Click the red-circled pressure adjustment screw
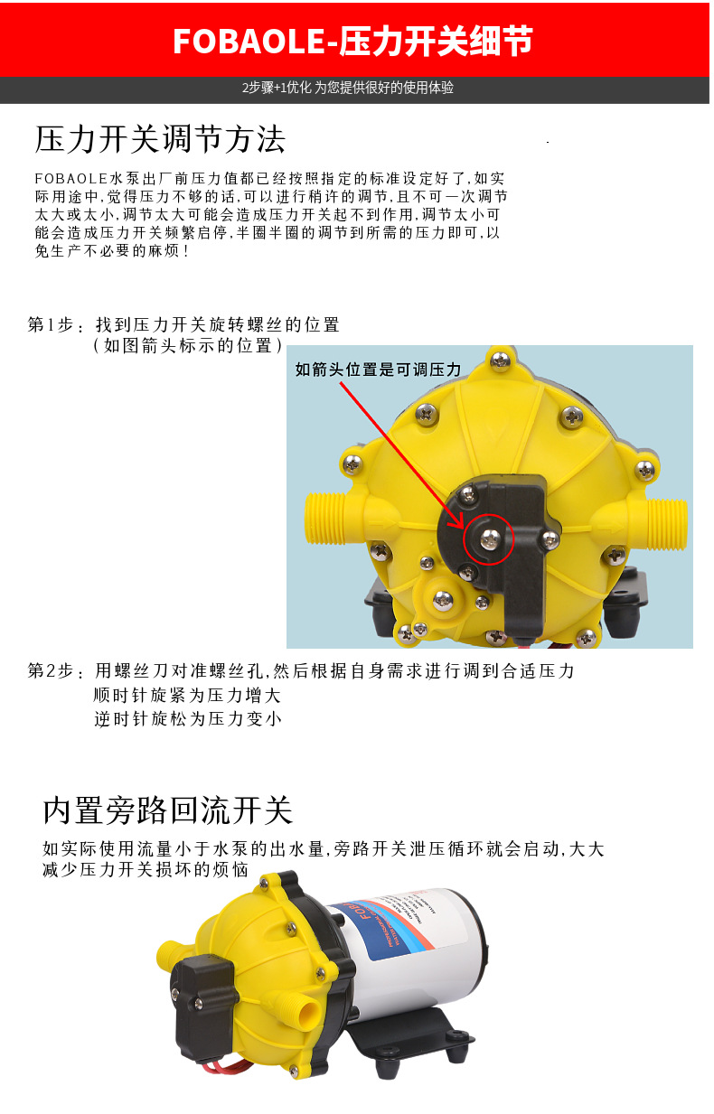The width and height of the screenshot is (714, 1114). (489, 540)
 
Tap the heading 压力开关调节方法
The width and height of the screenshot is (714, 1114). (160, 139)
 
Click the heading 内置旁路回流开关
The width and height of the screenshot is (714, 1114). (168, 810)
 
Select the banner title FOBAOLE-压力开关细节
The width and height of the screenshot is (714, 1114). (352, 41)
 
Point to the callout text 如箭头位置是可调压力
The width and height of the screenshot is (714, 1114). (378, 370)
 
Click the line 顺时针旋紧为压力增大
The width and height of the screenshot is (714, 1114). (187, 695)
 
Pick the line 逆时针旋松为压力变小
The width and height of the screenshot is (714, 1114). (187, 719)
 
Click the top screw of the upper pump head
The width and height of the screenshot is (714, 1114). (498, 360)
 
